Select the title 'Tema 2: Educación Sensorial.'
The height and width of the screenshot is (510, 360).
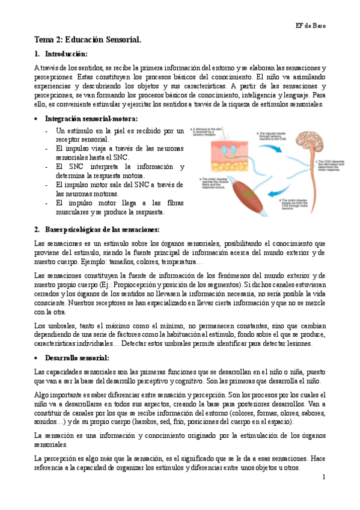click(x=87, y=40)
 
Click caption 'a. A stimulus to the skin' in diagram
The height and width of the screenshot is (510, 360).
click(x=207, y=131)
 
